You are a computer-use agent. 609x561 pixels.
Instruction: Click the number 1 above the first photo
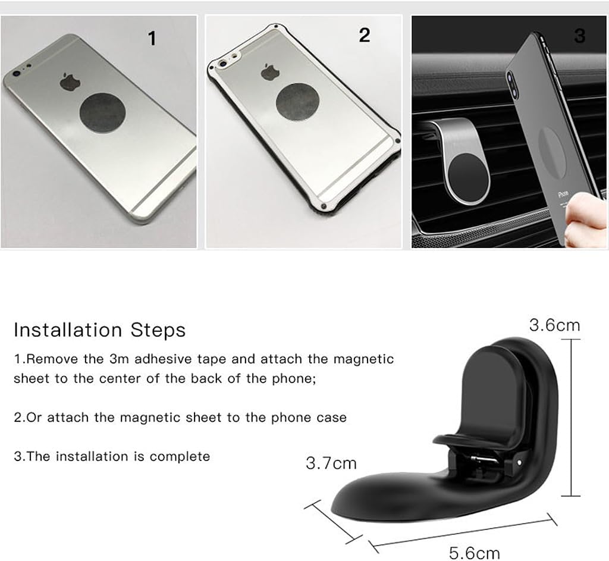point(152,39)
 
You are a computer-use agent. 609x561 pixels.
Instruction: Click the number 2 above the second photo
point(365,35)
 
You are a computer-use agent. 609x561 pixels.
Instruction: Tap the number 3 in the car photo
point(580,36)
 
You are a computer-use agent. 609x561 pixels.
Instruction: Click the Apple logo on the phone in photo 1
point(69,82)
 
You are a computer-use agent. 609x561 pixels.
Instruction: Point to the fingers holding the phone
point(586,220)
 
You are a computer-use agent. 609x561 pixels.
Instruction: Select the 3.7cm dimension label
point(331,463)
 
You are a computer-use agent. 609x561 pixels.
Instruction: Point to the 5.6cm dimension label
point(474,553)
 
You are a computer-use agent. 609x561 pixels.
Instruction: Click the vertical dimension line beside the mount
point(571,416)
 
